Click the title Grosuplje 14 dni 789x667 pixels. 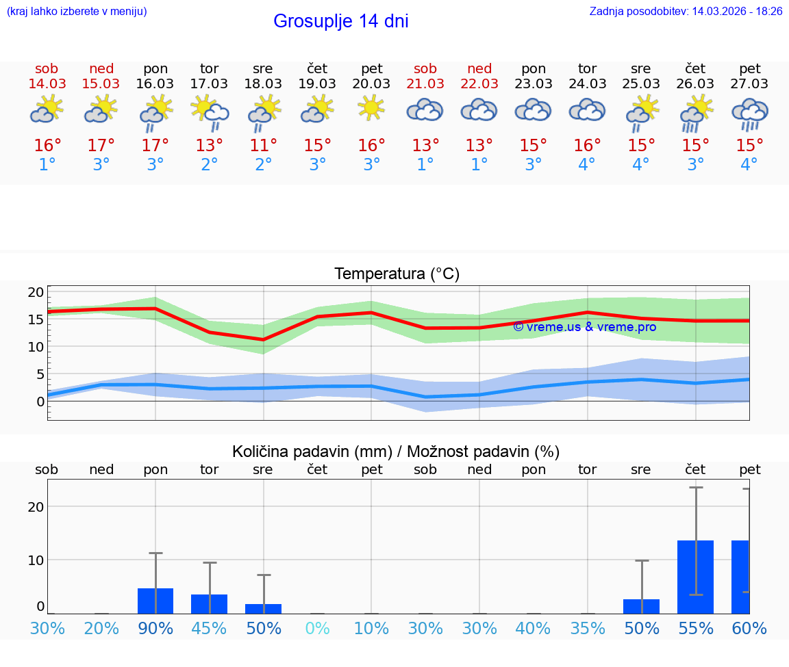tap(340, 21)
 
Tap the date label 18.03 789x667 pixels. tap(263, 83)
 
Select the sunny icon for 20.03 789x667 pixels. tap(371, 108)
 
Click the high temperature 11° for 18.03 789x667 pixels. tap(263, 146)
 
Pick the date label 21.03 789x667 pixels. tap(425, 83)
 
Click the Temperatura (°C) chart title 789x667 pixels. tap(397, 274)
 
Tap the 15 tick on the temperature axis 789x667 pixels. tap(36, 319)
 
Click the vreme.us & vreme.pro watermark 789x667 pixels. tap(584, 327)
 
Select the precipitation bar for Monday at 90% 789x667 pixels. tap(155, 601)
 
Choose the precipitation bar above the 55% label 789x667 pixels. tap(695, 577)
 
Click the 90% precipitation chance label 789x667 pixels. tap(155, 628)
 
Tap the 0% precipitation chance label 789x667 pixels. tap(317, 628)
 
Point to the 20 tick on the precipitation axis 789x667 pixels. tap(36, 506)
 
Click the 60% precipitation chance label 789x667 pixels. tap(749, 628)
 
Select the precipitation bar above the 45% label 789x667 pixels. tap(209, 603)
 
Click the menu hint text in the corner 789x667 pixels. tap(77, 11)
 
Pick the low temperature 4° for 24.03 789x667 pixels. tap(587, 165)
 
